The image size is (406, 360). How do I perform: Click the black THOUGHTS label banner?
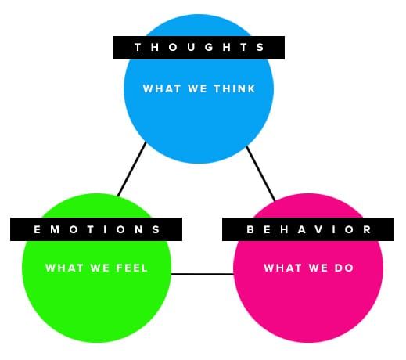[199, 48]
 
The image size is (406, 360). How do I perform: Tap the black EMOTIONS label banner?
[96, 229]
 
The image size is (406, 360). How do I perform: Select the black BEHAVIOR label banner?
[308, 229]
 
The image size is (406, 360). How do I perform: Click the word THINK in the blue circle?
[235, 88]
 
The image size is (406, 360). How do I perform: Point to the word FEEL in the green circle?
[132, 268]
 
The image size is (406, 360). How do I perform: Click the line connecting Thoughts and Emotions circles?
[131, 169]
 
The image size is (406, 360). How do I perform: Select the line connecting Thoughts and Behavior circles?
[260, 174]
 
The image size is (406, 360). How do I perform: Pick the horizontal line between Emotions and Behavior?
[203, 274]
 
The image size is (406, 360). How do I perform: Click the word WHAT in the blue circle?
[162, 88]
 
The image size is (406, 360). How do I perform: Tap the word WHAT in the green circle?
[64, 268]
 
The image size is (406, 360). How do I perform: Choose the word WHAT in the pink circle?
[282, 268]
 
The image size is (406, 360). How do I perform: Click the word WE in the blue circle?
[197, 88]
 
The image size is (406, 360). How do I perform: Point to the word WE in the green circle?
[100, 268]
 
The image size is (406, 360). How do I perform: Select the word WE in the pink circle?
[318, 268]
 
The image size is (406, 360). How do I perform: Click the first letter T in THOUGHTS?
[138, 47]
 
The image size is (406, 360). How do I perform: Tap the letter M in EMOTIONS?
[55, 229]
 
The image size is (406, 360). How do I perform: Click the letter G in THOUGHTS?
[209, 47]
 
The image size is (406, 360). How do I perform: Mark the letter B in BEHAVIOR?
[250, 229]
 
